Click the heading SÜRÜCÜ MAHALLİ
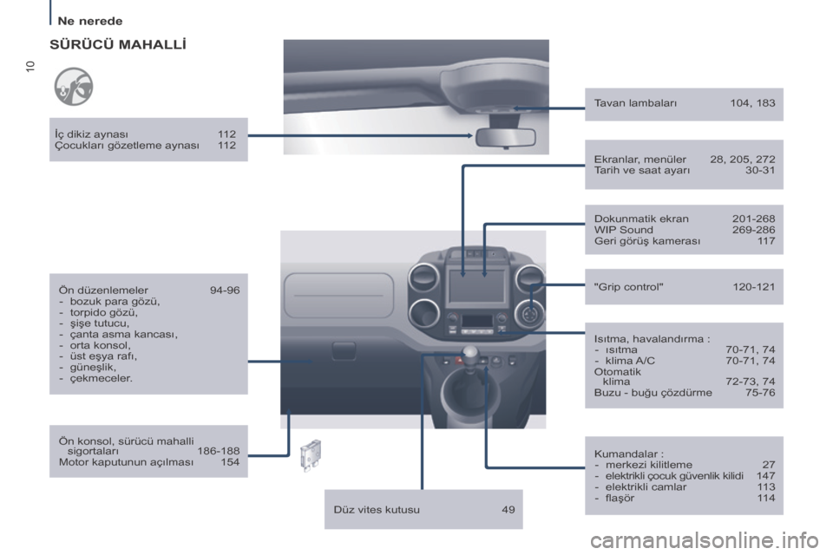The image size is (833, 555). pos(118,44)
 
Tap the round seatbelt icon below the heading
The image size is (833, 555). pos(73,87)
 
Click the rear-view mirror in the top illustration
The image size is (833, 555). pos(506,137)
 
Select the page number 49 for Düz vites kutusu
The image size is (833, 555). pos(508,510)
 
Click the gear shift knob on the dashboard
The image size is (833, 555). pos(470,355)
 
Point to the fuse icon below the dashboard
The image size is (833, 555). pos(311,455)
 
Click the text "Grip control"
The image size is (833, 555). pos(628,287)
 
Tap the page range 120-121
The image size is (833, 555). pos(754,287)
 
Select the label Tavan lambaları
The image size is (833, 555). pos(635,103)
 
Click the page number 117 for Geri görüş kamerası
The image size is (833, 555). pos(766,241)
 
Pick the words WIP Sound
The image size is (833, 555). pos(624,230)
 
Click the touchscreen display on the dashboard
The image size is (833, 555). pos(476,285)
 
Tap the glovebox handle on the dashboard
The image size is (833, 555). pos(344,350)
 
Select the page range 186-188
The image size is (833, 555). pos(219,451)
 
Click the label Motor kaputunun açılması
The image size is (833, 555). pos(126,462)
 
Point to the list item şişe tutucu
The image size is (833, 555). pos(99,323)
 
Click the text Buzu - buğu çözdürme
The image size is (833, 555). pos(653,393)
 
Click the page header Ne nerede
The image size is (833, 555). pos(89,21)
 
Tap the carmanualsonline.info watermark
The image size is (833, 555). pos(705,541)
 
